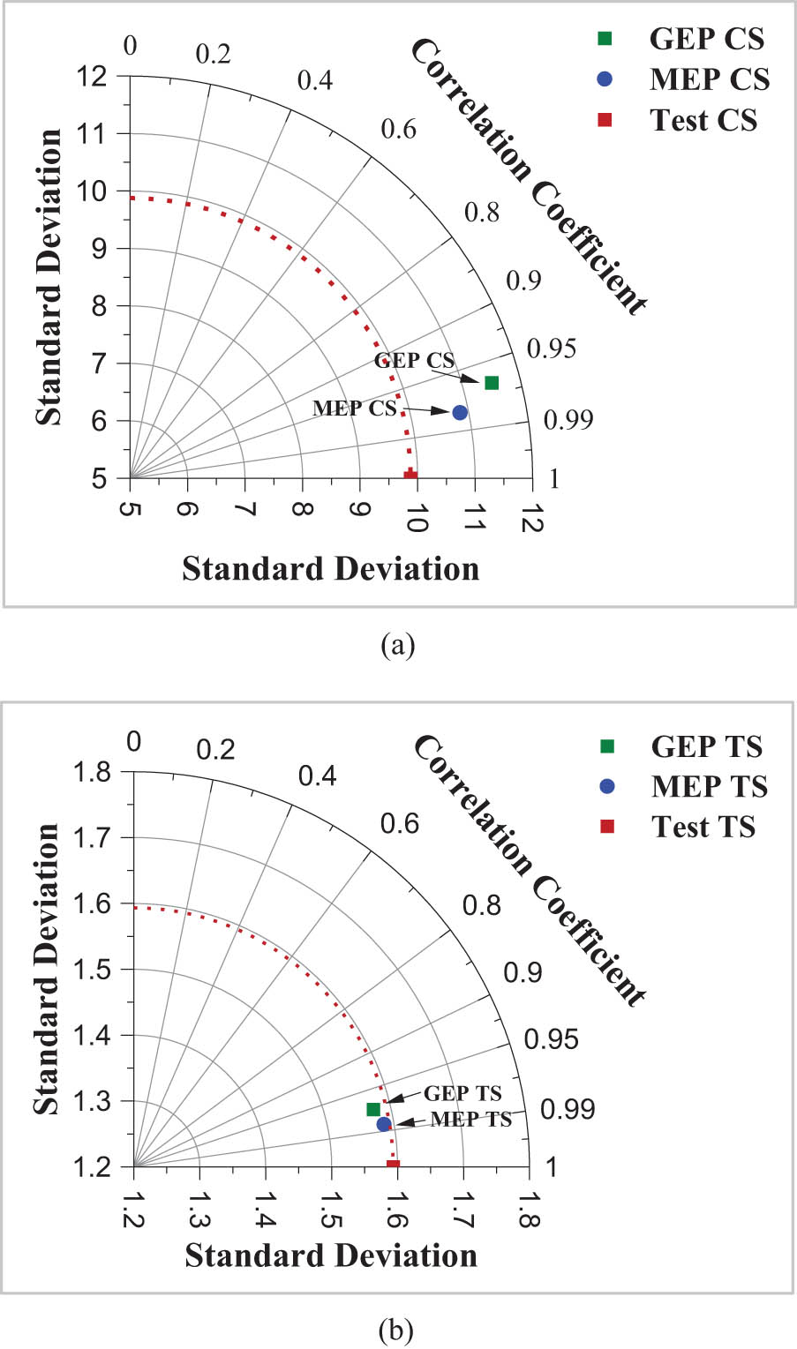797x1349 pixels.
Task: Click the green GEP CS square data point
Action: [x=492, y=382]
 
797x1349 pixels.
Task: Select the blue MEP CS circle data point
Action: [x=460, y=412]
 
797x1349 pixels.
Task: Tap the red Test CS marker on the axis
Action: [x=410, y=476]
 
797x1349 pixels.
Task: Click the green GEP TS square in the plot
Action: [x=373, y=1109]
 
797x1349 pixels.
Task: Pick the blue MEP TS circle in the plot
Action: [x=384, y=1124]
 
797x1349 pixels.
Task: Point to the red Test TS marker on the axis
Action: [x=393, y=1165]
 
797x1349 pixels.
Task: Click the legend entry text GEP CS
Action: [x=706, y=39]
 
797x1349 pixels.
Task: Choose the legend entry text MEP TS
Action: [x=709, y=786]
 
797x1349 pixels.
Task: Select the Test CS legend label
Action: [x=703, y=120]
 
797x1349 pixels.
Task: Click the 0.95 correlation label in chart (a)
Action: [x=551, y=349]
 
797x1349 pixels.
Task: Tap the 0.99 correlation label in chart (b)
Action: [x=568, y=1109]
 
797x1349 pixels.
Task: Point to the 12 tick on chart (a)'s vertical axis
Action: [x=93, y=76]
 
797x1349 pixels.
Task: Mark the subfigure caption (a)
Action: [x=397, y=646]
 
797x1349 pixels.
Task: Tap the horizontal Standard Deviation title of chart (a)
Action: [x=331, y=569]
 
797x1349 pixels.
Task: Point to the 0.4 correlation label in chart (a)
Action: [x=315, y=81]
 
